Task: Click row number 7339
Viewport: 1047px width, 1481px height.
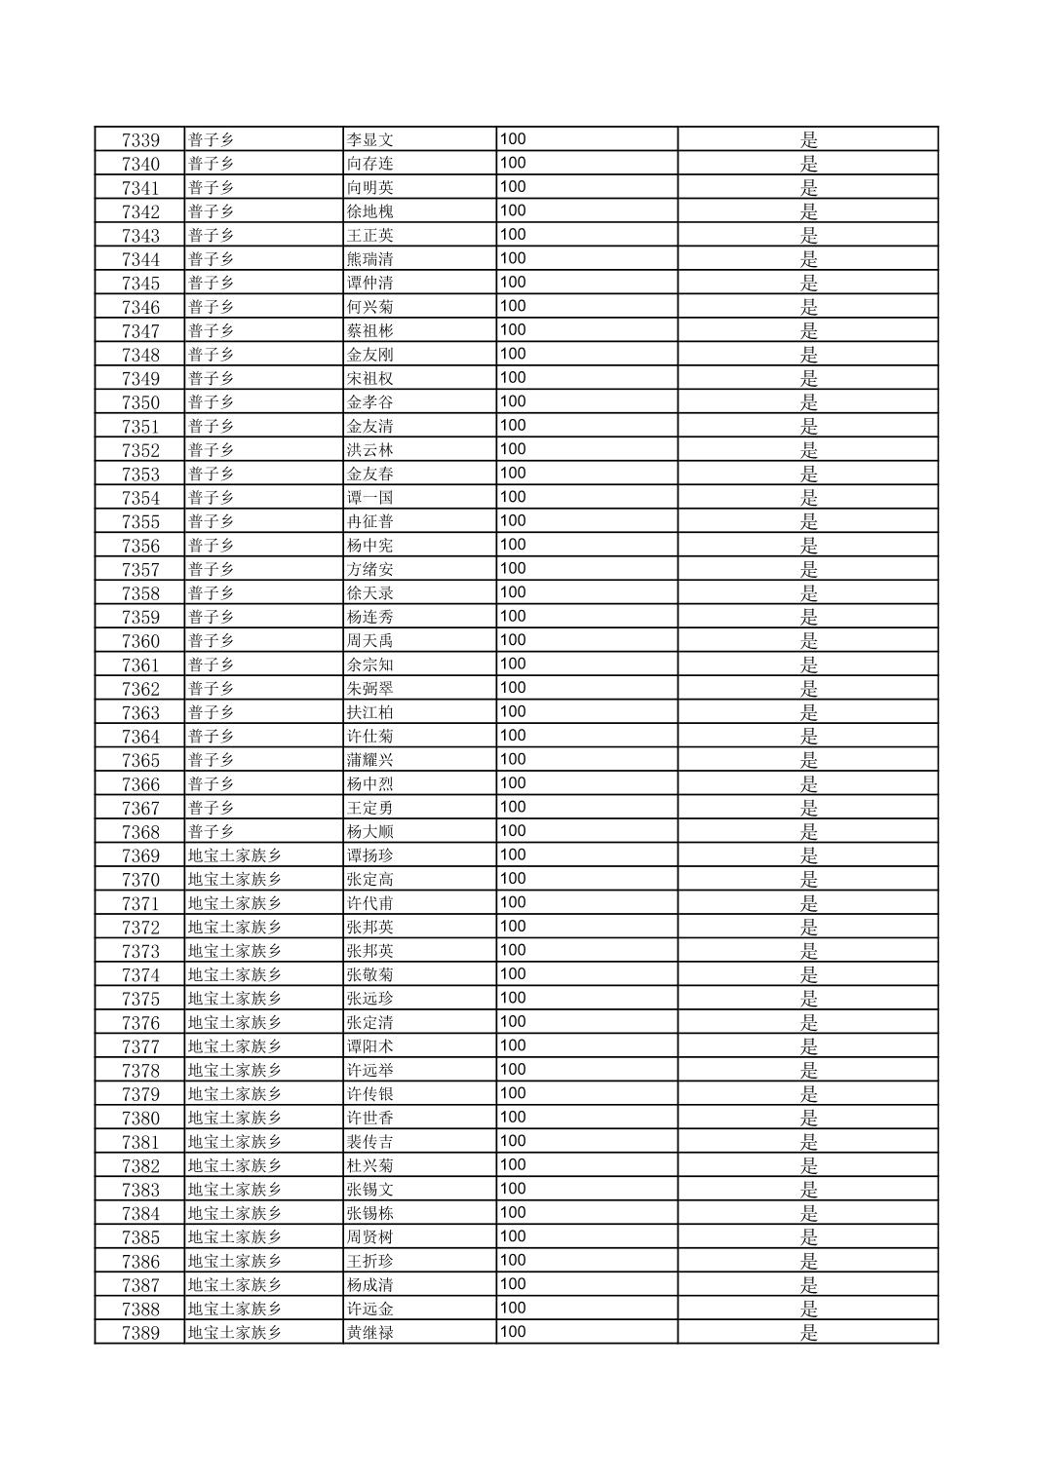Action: (x=140, y=140)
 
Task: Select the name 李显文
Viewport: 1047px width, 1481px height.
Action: (x=370, y=140)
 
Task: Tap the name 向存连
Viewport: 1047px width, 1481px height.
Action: (x=370, y=164)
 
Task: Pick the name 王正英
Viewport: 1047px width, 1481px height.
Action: (x=370, y=236)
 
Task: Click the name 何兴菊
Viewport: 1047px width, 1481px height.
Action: (x=370, y=307)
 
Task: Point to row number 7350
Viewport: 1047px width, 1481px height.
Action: (x=140, y=402)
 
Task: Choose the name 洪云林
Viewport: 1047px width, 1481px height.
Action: (x=370, y=450)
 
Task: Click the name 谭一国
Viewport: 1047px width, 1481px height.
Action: (x=370, y=498)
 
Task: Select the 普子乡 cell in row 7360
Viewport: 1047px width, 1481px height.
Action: (x=212, y=641)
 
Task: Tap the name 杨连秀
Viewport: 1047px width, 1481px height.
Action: (x=370, y=617)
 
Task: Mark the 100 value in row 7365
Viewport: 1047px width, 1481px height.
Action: (x=513, y=759)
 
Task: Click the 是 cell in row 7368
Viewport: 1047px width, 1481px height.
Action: (x=809, y=832)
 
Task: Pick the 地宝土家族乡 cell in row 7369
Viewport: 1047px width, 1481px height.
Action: (x=235, y=855)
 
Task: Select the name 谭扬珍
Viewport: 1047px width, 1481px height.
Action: (x=370, y=855)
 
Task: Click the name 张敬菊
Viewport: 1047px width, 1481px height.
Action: (x=370, y=974)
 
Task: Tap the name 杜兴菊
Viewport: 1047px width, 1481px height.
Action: (x=370, y=1165)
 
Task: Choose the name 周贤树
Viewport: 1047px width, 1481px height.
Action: (x=370, y=1237)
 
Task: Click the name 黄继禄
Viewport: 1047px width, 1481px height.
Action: (x=370, y=1333)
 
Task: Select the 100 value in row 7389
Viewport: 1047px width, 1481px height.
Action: (x=513, y=1332)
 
